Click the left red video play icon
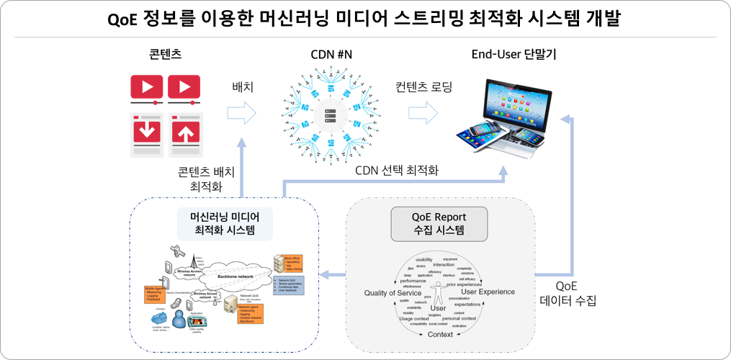[147, 87]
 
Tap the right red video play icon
[184, 87]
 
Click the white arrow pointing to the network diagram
[242, 112]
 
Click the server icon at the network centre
[332, 115]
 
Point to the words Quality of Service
[393, 292]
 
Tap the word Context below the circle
[440, 335]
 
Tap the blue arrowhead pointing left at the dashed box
[324, 274]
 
